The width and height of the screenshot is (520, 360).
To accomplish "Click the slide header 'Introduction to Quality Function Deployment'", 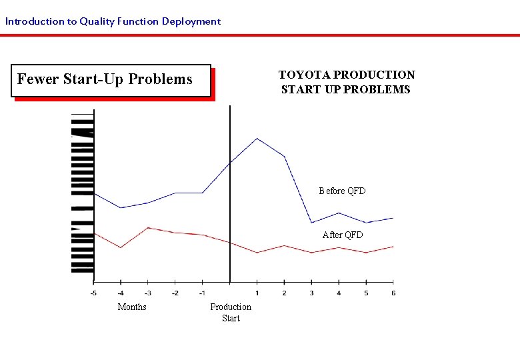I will [113, 21].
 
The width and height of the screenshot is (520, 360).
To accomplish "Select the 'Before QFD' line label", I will [342, 191].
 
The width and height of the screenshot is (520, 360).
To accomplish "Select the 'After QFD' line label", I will [343, 235].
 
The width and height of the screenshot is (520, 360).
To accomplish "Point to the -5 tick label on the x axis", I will [93, 293].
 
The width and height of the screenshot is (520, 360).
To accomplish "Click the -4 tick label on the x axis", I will [121, 293].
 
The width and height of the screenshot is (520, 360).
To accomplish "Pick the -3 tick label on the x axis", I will [148, 293].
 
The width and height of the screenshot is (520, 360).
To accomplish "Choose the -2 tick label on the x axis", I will [175, 293].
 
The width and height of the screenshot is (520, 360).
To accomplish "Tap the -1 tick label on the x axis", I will [202, 293].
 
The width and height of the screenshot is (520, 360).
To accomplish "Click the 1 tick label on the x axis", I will [257, 293].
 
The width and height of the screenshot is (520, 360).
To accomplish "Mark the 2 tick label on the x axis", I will [285, 293].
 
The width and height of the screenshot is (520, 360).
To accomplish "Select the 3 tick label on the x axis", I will [311, 293].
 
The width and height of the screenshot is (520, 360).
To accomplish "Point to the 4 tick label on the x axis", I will [339, 293].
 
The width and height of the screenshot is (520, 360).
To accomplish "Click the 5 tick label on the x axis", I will [366, 293].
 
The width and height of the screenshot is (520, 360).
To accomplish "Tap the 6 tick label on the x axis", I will [393, 293].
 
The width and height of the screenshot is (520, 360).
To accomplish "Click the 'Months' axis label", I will [132, 307].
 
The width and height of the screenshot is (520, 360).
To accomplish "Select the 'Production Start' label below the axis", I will [231, 313].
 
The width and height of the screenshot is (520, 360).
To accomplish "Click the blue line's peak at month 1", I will [257, 139].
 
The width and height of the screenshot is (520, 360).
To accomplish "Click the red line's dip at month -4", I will [121, 247].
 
